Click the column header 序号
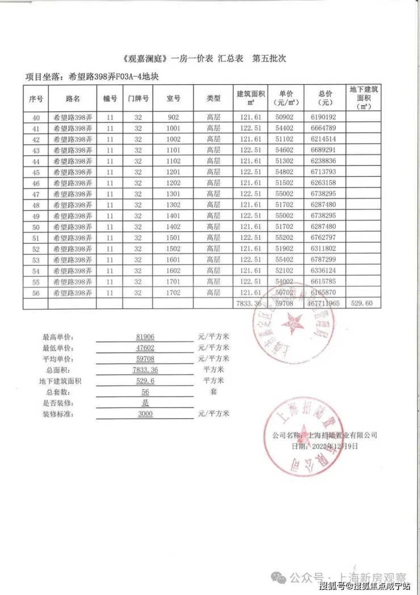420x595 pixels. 36,98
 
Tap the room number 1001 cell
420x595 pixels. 174,128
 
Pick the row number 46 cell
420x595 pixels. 36,183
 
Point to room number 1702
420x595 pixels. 174,293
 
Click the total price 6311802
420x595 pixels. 324,249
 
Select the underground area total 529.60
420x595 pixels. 362,304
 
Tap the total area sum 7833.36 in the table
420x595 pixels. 250,304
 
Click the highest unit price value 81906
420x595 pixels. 142,337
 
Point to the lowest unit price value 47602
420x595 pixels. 142,348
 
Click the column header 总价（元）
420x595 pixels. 324,98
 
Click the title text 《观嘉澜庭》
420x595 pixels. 145,59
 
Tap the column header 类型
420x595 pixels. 213,98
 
